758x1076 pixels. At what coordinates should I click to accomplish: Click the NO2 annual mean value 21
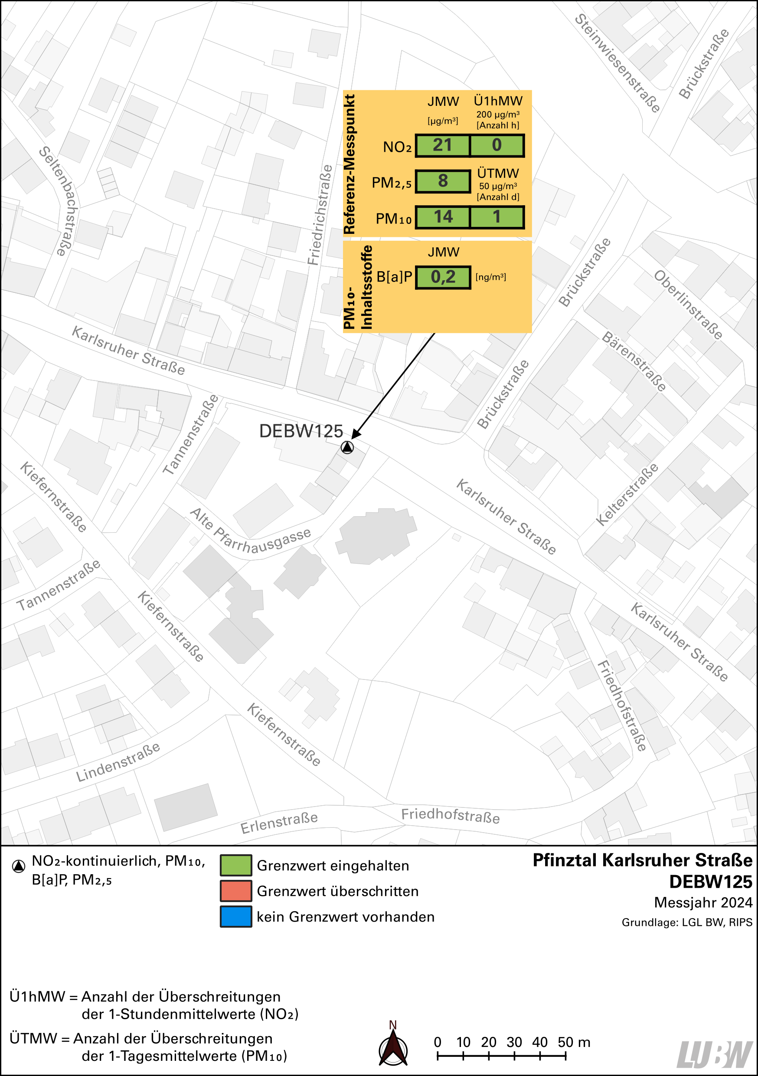coord(442,145)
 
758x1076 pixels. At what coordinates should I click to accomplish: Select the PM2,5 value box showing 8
coord(442,181)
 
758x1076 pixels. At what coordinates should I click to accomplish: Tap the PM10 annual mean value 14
coord(442,217)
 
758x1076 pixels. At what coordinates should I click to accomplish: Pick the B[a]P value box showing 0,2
coord(442,277)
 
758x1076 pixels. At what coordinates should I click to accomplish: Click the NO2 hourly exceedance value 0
coord(497,145)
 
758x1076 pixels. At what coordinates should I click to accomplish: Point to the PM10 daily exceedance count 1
coord(497,217)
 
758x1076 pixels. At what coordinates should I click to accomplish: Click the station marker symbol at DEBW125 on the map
coord(346,448)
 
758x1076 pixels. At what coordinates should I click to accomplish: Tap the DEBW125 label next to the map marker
coord(301,431)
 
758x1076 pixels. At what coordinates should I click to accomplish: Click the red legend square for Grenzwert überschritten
coord(235,891)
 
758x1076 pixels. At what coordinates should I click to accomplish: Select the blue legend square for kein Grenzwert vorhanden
coord(235,917)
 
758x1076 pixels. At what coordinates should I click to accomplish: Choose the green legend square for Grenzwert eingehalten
coord(235,866)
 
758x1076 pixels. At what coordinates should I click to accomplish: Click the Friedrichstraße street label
coord(320,215)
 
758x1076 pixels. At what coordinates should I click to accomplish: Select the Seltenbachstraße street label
coord(59,200)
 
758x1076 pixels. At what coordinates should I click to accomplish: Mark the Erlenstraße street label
coord(279,823)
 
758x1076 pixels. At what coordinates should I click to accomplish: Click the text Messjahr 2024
coord(703,902)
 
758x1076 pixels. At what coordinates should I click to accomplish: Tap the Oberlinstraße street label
coord(688,305)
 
